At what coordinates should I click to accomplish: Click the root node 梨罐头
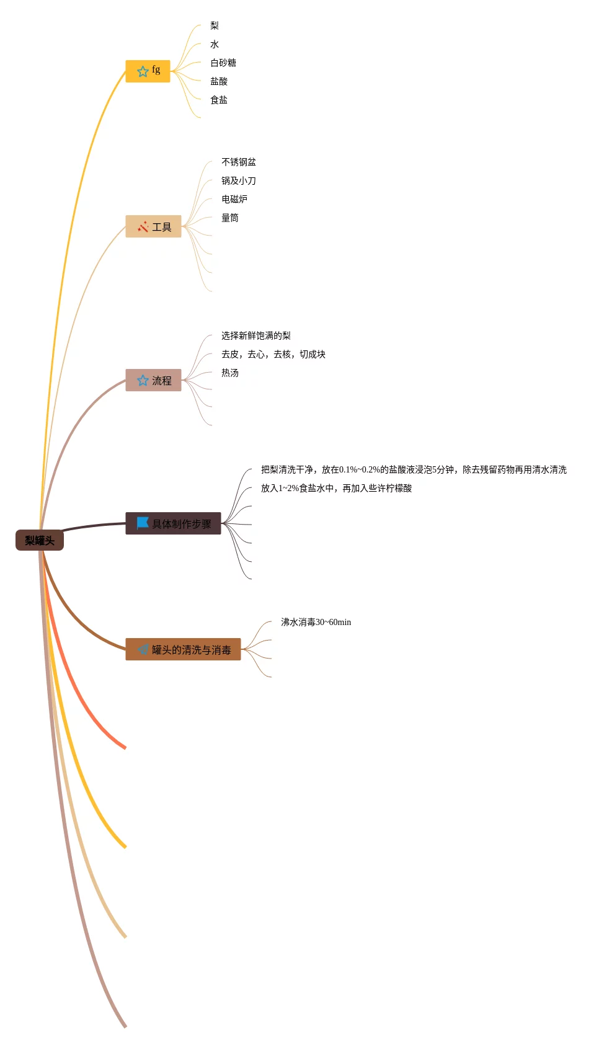(x=40, y=540)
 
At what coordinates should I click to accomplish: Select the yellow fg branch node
(x=148, y=71)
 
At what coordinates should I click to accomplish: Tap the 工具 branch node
(x=153, y=226)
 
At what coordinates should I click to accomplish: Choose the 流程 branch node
(x=153, y=380)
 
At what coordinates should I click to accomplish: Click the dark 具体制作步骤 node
(x=173, y=523)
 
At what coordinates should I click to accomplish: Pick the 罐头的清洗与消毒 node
(x=183, y=649)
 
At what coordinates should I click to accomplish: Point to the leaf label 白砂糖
(x=223, y=63)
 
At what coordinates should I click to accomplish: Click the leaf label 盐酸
(x=219, y=81)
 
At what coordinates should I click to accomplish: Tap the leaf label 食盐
(x=219, y=100)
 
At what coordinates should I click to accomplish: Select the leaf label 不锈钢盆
(x=238, y=162)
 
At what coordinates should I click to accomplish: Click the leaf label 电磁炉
(x=234, y=199)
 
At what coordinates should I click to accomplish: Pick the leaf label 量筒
(x=229, y=218)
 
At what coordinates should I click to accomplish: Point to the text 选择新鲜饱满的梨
(x=255, y=335)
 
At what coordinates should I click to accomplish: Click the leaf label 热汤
(x=229, y=373)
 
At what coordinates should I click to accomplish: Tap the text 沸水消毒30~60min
(x=316, y=622)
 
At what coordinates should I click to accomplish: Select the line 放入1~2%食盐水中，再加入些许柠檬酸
(x=336, y=488)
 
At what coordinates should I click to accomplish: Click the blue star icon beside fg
(x=143, y=71)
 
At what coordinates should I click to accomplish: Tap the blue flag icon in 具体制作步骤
(x=143, y=523)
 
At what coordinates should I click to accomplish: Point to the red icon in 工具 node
(x=143, y=226)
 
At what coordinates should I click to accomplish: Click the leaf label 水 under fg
(x=214, y=44)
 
